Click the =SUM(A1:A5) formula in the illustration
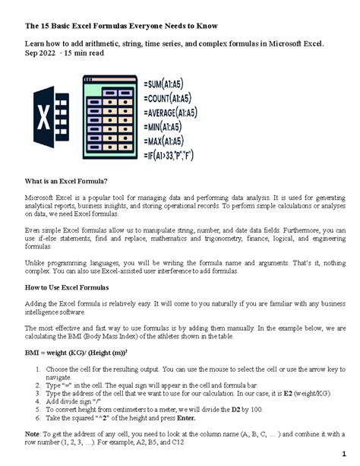[x=177, y=80]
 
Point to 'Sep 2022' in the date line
[x=42, y=55]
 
